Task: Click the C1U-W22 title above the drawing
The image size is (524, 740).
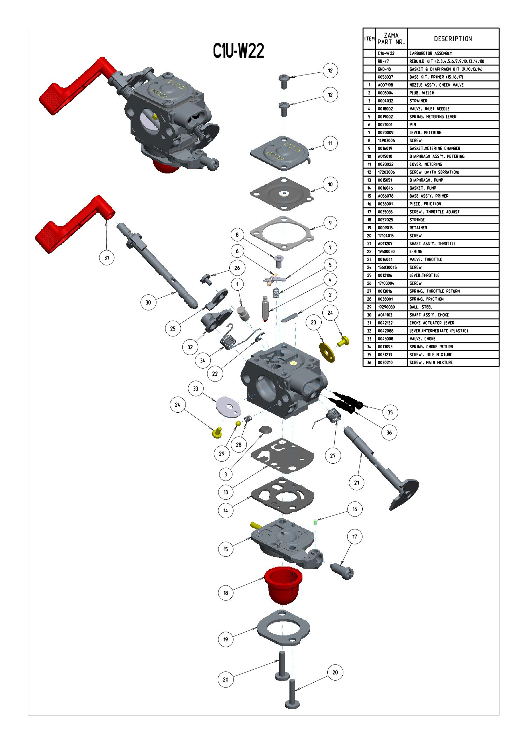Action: point(238,51)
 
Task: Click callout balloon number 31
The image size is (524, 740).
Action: point(106,258)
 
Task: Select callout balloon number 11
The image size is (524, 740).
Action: point(330,143)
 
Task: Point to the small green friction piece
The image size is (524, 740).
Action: point(315,522)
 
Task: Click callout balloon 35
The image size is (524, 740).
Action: point(390,412)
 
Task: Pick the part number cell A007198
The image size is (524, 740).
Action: point(385,85)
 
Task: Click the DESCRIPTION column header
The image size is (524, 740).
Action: point(453,39)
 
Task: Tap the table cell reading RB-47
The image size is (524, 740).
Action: point(383,61)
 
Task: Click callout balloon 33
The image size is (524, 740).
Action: point(196,389)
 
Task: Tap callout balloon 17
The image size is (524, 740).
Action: point(355,536)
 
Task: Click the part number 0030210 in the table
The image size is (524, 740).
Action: point(385,363)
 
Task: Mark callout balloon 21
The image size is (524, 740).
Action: point(356,483)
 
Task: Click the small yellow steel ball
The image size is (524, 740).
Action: point(238,424)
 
